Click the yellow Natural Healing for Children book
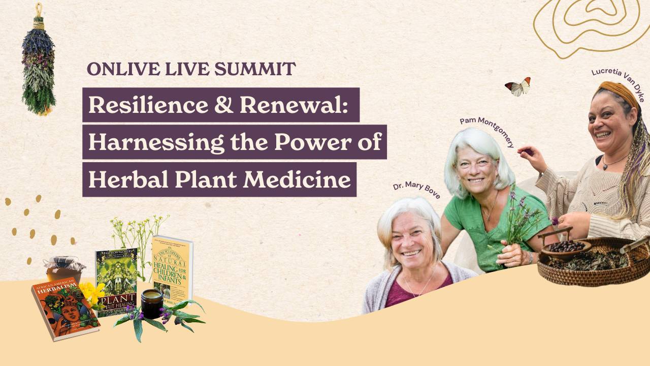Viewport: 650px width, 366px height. click(x=173, y=269)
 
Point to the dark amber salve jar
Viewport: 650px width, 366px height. click(x=152, y=303)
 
